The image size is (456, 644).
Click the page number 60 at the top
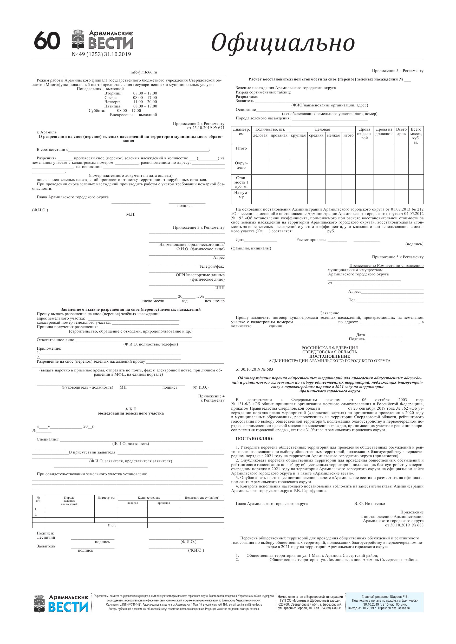click(x=47, y=41)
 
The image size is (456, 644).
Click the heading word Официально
click(x=283, y=43)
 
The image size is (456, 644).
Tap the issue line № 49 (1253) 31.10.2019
click(x=101, y=55)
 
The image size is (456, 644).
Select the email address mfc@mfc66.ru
click(x=144, y=72)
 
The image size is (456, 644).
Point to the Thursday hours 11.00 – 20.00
click(x=145, y=102)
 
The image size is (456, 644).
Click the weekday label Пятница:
click(x=113, y=106)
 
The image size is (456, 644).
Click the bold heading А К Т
click(x=131, y=409)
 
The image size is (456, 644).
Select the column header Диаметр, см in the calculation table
click(x=241, y=132)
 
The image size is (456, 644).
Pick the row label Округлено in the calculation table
click(x=241, y=165)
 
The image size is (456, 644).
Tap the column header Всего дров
click(x=401, y=132)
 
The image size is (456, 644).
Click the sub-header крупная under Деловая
click(x=298, y=135)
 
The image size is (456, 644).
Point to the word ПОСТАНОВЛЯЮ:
click(x=255, y=438)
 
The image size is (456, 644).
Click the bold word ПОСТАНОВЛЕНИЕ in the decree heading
click(x=330, y=356)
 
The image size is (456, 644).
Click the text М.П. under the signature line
click(x=131, y=214)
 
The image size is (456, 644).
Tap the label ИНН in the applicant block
click(x=220, y=288)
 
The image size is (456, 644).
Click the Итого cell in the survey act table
click(x=112, y=525)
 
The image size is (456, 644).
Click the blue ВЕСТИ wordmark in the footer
click(x=68, y=607)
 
